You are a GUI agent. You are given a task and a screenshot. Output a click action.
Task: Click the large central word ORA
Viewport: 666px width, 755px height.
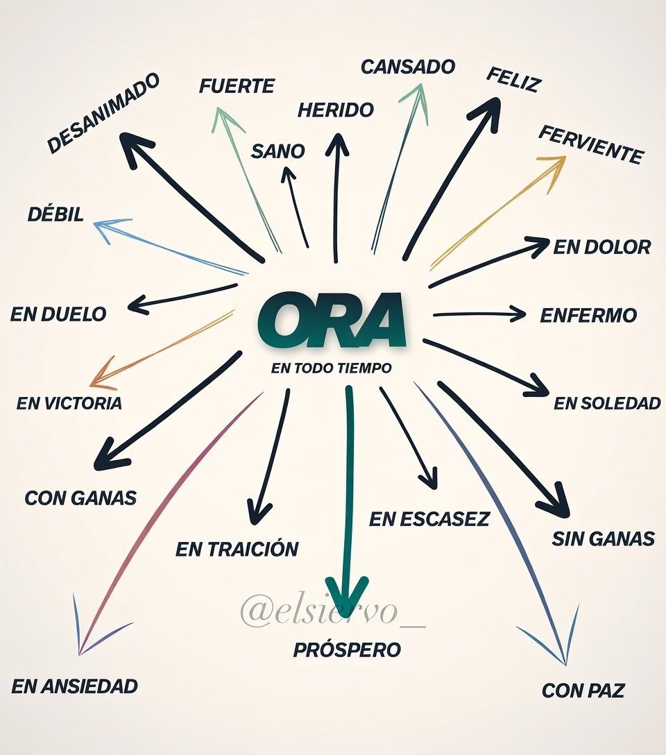pos(332,319)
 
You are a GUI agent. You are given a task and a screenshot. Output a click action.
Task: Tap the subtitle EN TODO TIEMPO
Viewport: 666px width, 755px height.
pos(332,368)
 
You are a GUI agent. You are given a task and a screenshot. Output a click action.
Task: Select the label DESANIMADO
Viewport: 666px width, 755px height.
pos(103,114)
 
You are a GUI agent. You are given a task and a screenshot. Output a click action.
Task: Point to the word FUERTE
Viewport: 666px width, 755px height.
pos(237,86)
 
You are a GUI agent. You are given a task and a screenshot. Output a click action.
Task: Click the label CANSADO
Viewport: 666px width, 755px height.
pos(408,67)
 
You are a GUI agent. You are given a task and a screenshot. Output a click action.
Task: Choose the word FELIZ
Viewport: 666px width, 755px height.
pos(513,80)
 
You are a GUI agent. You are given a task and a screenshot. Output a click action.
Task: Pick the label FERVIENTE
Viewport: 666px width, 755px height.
pos(591,144)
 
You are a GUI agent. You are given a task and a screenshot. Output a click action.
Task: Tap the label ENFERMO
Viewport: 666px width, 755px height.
pos(588,315)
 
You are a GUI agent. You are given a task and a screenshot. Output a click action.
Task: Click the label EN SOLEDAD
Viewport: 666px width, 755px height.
pos(607,403)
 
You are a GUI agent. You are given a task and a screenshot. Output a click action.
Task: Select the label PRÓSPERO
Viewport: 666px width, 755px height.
pos(347,650)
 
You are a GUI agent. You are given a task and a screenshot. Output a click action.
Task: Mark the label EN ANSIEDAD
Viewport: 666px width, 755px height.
pos(75,686)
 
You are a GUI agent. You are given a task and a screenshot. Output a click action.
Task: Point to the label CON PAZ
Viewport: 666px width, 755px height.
pos(583,690)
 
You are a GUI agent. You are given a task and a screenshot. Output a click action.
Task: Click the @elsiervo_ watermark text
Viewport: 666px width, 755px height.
pos(333,611)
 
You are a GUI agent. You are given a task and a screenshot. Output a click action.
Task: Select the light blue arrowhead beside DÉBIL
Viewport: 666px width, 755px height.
pos(108,229)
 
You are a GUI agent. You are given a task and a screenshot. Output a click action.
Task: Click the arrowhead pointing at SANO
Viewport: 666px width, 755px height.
pos(288,175)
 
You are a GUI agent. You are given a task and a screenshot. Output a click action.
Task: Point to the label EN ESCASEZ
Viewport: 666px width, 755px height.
pos(429,519)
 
